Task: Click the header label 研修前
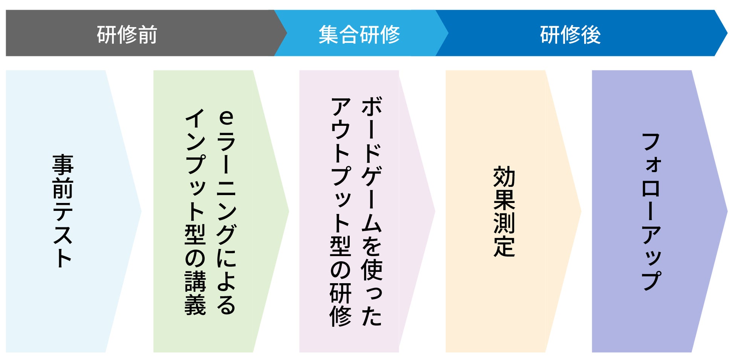pyautogui.click(x=127, y=35)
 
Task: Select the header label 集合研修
pyautogui.click(x=359, y=35)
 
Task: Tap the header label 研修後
pyautogui.click(x=570, y=35)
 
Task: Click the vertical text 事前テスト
pyautogui.click(x=63, y=211)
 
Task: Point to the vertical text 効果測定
pyautogui.click(x=504, y=211)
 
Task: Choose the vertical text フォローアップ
pyautogui.click(x=651, y=211)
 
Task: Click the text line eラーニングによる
pyautogui.click(x=226, y=211)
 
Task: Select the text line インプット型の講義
pyautogui.click(x=195, y=211)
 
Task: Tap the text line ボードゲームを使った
pyautogui.click(x=372, y=211)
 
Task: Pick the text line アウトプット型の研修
pyautogui.click(x=341, y=211)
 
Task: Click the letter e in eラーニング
pyautogui.click(x=226, y=117)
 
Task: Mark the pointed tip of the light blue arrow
pyautogui.click(x=140, y=211)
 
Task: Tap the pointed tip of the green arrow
pyautogui.click(x=288, y=211)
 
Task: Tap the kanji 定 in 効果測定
pyautogui.click(x=504, y=247)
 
